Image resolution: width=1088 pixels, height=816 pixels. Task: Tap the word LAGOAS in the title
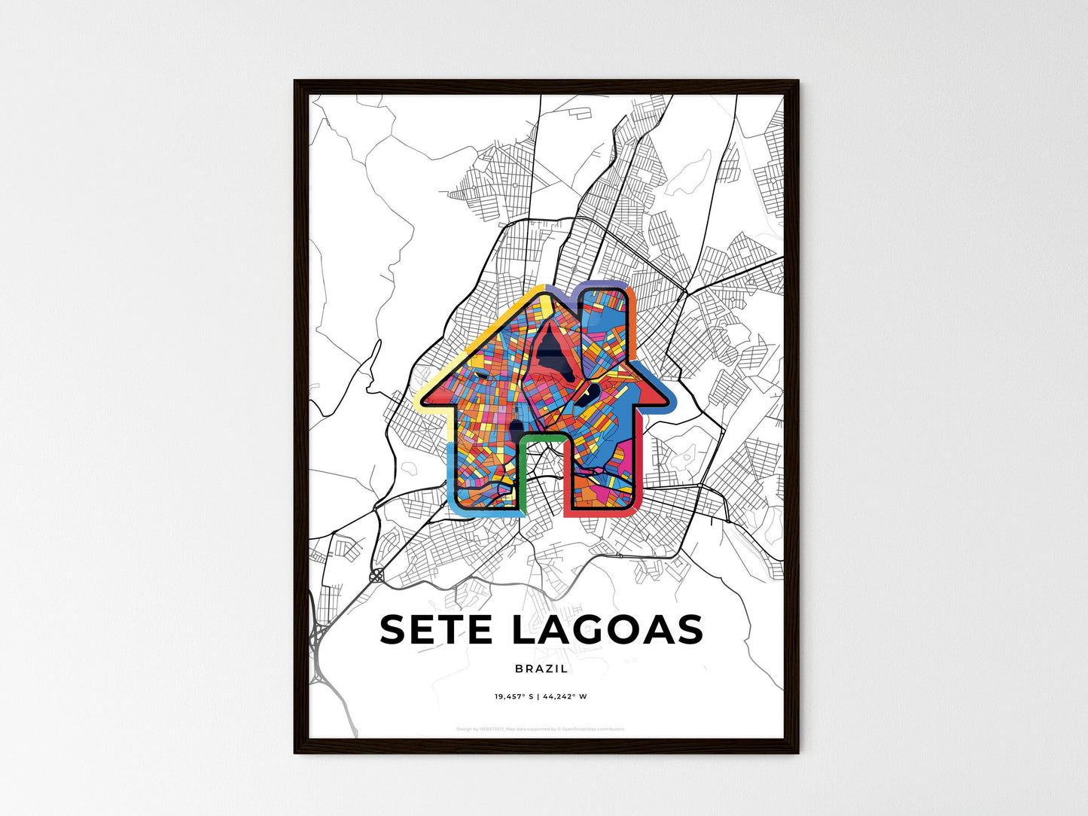click(607, 629)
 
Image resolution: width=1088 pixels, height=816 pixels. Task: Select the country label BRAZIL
click(542, 668)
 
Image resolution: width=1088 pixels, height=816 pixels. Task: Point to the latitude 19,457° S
click(514, 696)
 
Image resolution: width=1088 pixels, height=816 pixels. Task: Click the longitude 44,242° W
click(564, 696)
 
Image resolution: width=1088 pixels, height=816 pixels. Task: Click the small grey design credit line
click(541, 729)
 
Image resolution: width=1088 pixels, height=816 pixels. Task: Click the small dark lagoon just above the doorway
click(517, 431)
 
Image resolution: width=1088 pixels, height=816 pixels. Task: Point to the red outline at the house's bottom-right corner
click(636, 507)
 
